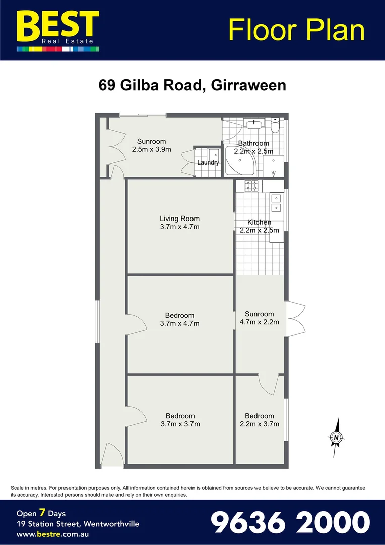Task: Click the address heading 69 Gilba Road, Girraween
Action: click(192, 85)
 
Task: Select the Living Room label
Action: click(179, 219)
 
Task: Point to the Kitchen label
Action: click(259, 222)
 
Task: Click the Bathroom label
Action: click(253, 143)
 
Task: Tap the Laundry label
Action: click(208, 162)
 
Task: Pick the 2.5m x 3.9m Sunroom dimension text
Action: click(151, 149)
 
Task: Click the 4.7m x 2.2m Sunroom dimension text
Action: click(259, 322)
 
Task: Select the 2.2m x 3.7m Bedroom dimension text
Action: click(259, 424)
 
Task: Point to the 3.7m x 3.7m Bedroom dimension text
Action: click(180, 424)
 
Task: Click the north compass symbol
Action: click(336, 437)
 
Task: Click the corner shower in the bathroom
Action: click(240, 161)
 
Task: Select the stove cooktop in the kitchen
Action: click(251, 186)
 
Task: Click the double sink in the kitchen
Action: click(277, 202)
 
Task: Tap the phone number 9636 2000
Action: click(290, 522)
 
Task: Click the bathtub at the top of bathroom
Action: click(253, 123)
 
